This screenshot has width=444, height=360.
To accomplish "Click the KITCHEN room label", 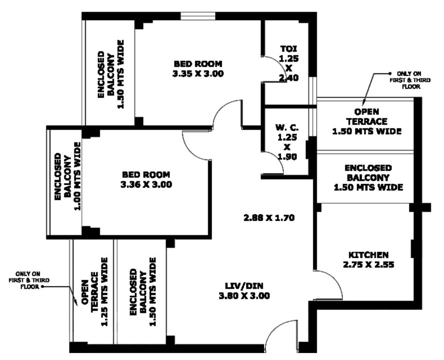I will coord(368,255).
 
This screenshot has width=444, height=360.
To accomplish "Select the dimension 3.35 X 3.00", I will coord(198,73).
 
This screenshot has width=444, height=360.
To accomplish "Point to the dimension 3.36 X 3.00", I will coord(146,185).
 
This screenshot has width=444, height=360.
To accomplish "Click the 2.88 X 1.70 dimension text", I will coord(269,217).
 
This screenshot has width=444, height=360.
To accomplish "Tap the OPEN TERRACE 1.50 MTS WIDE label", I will coord(366,122).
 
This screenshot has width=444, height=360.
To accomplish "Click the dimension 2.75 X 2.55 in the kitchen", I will coord(368,264).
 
